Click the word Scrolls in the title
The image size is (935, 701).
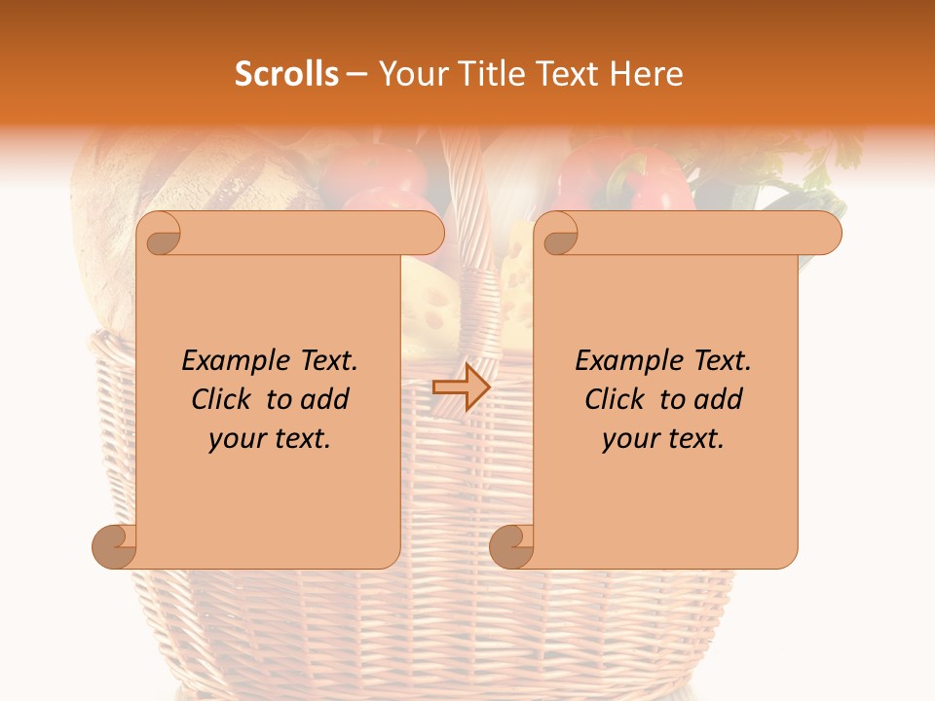286,73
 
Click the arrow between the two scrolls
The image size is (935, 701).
462,387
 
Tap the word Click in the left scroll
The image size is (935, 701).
224,399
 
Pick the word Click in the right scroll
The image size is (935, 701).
617,399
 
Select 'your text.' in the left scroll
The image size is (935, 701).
270,439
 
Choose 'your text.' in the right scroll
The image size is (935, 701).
663,439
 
